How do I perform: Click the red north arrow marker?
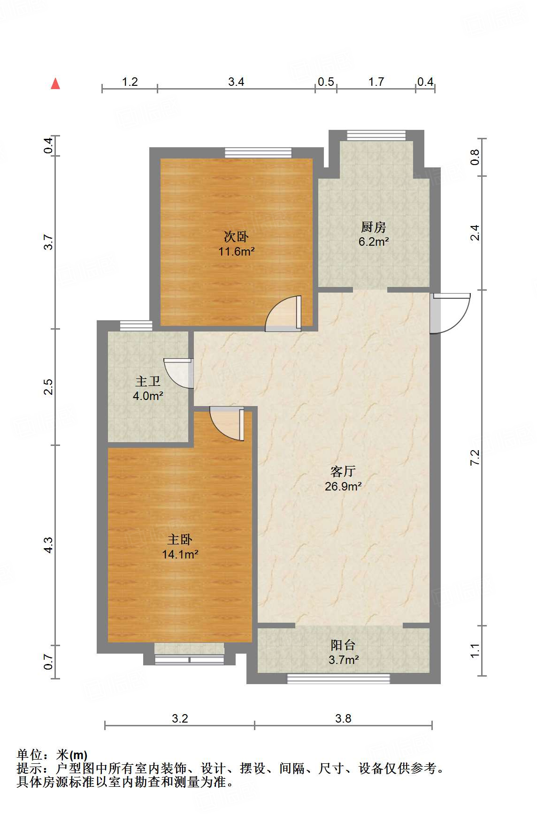55,83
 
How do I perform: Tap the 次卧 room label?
236,236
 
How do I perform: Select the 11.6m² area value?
236,252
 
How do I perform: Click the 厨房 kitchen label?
374,227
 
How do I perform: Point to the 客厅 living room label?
343,471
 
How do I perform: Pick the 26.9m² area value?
343,487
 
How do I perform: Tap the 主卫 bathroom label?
148,381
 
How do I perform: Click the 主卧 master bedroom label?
180,540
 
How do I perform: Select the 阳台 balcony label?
343,645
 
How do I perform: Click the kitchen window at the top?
376,135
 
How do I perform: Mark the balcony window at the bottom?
338,678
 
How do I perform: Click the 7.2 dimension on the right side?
475,457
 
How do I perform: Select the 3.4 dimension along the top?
236,82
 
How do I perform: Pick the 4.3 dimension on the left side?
49,545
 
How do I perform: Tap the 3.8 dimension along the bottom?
343,719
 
